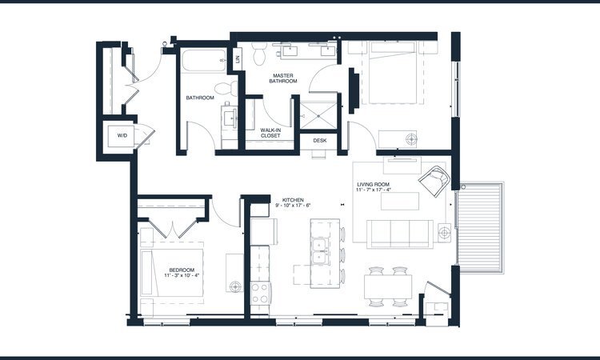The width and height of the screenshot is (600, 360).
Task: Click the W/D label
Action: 122,135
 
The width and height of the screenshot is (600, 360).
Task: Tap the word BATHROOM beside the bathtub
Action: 200,98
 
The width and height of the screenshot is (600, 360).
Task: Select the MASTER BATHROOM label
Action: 284,78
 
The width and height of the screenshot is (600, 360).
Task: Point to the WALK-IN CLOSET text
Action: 276,132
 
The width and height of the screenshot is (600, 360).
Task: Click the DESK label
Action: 320,140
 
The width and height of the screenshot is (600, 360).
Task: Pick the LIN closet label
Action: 238,58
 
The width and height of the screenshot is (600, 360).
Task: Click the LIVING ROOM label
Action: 374,184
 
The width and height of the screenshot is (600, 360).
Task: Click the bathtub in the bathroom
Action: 204,60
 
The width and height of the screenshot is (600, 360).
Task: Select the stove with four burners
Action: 261,294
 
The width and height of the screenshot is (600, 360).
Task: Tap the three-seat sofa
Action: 399,233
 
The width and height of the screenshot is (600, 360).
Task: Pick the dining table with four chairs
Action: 389,286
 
